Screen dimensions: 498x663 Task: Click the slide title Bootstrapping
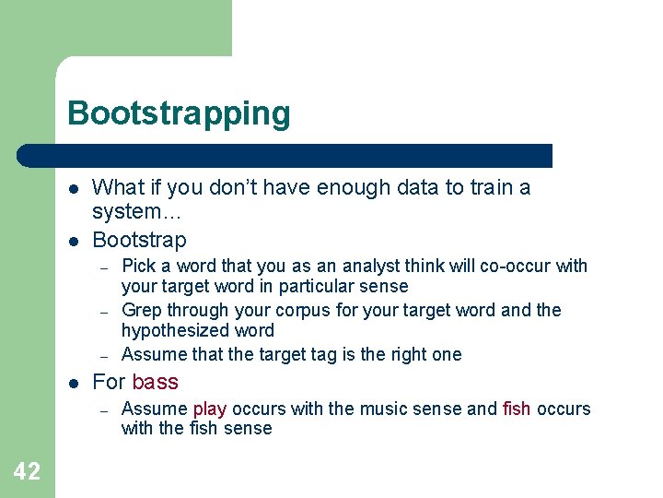179,113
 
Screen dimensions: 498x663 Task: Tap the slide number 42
27,472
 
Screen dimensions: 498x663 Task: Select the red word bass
155,382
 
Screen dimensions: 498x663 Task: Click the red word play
209,409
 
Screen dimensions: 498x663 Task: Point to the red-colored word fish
517,409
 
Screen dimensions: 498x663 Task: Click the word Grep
141,311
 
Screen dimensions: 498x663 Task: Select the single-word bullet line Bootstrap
139,240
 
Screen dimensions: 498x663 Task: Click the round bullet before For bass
72,383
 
